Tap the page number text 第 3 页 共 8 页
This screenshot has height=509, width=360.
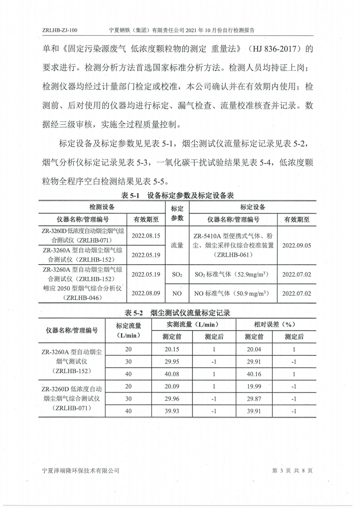(x=292, y=470)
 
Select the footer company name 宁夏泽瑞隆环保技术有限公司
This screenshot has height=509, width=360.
(x=80, y=470)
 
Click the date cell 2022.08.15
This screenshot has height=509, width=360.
(x=146, y=235)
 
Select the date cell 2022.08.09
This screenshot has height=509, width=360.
(x=146, y=293)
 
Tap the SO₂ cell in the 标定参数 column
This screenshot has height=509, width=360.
(x=177, y=274)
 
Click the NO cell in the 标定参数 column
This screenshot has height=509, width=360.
(x=177, y=293)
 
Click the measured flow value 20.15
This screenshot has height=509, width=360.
(x=172, y=349)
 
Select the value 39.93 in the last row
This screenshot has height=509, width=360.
(x=172, y=411)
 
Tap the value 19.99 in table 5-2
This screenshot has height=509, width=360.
(x=254, y=387)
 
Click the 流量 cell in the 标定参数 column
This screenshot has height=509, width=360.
(x=177, y=245)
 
